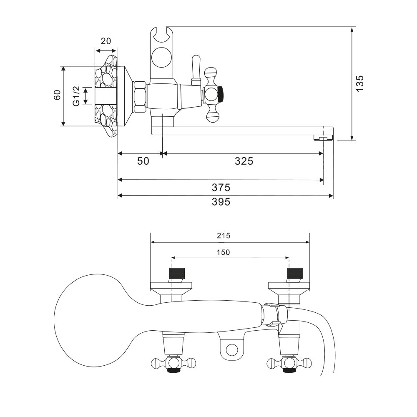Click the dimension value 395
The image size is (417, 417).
[221, 202]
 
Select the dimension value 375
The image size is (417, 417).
[221, 187]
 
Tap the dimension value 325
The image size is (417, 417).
[244, 161]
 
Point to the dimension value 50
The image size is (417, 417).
[143, 161]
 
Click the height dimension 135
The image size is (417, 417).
[360, 83]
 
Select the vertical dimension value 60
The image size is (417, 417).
[57, 95]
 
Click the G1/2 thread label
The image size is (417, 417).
[76, 96]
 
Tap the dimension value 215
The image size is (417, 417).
[224, 236]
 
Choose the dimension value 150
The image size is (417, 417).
[224, 252]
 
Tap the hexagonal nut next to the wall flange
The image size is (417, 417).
[140, 96]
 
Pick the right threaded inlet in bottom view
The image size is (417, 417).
[294, 274]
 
